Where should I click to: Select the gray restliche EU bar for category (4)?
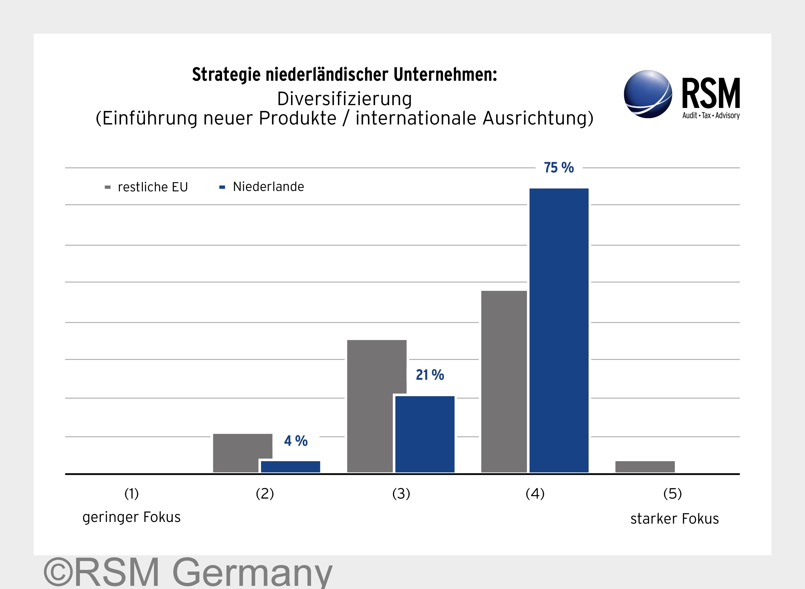[504, 381]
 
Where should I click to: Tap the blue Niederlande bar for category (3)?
[425, 434]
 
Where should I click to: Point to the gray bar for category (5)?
[645, 467]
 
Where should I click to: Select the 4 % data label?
[295, 441]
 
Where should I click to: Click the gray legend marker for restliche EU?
[108, 187]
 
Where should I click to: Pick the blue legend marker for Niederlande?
[222, 187]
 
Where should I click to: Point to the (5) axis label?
[672, 494]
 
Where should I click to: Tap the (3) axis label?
[401, 494]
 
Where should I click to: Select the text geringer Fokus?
[132, 517]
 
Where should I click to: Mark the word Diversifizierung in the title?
[344, 99]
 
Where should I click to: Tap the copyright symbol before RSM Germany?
[58, 572]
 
